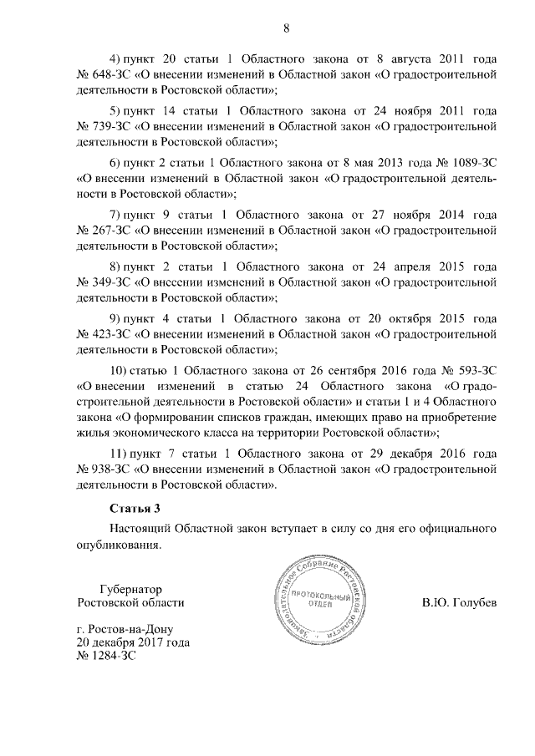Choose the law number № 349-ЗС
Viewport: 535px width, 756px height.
click(x=99, y=283)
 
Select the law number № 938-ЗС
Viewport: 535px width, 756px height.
click(x=99, y=469)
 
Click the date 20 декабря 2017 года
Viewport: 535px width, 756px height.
click(x=132, y=642)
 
